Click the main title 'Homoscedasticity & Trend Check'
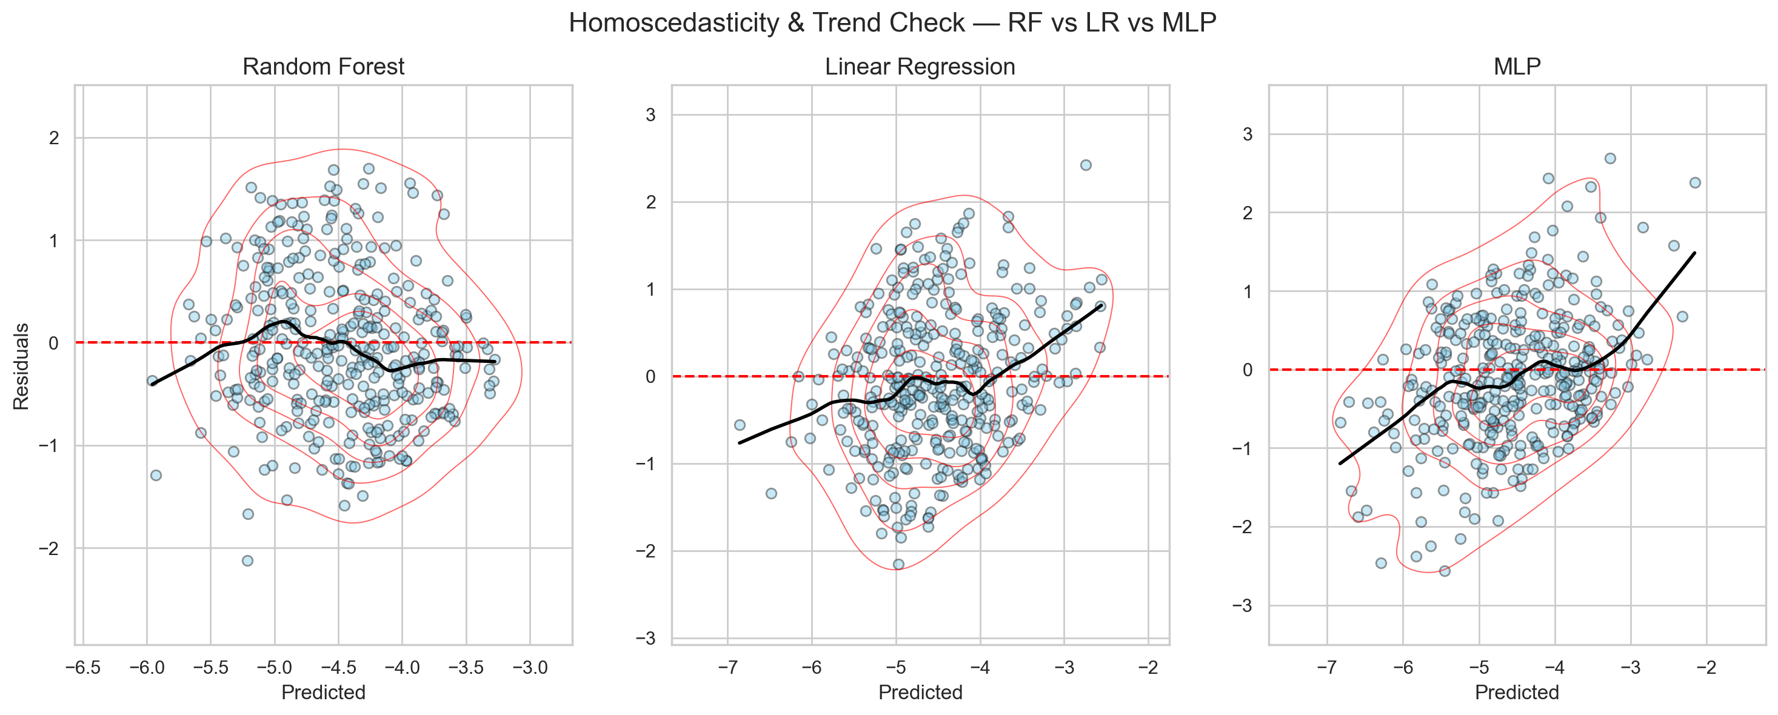coord(892,23)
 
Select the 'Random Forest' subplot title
coord(323,66)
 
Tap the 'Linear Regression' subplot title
coord(920,66)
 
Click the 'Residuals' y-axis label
coord(21,366)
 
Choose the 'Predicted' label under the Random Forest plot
coord(323,691)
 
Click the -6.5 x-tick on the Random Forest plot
coord(83,667)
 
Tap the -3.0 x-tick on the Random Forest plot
coord(529,667)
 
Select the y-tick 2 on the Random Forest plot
coord(54,138)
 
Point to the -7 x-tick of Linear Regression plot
coord(727,667)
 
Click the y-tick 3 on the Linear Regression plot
coord(650,115)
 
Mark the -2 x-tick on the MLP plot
coord(1706,667)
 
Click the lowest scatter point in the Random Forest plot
coord(248,560)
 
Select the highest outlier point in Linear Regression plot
coord(1086,165)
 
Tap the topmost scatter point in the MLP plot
coord(1610,158)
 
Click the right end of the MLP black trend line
coord(1694,253)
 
